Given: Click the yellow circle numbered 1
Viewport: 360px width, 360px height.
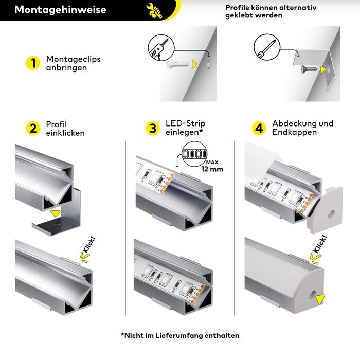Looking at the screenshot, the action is point(33,63).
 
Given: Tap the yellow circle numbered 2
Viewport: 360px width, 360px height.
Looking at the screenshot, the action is point(33,129).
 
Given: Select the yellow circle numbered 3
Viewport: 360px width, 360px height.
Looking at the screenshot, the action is point(153,129).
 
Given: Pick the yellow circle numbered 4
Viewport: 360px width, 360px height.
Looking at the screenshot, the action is point(259,129).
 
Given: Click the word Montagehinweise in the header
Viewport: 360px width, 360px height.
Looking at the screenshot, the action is point(60,10).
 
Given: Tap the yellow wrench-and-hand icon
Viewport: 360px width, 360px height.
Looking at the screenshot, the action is point(154,10).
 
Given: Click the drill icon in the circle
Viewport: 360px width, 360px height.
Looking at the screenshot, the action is point(161,48).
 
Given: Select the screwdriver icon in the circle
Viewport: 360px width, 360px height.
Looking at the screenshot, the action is point(267,47).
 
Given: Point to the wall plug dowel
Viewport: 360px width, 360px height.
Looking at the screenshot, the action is point(177,64).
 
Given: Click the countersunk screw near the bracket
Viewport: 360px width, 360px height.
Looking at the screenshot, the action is point(309,68).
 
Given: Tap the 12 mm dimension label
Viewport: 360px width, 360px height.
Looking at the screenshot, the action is point(212,169).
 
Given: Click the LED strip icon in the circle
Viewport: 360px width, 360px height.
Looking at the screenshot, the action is point(194,154).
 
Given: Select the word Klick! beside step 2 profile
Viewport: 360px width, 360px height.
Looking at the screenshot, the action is point(89,245).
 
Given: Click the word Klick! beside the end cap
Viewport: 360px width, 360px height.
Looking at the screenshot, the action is point(320,244).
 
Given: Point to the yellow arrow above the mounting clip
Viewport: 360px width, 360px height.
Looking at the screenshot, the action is point(56,213).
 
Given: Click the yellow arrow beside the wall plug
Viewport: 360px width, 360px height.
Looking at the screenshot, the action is point(195,64).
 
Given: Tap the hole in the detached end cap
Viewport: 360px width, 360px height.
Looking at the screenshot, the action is point(331,214).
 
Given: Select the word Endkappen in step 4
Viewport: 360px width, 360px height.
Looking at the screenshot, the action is point(295,132).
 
